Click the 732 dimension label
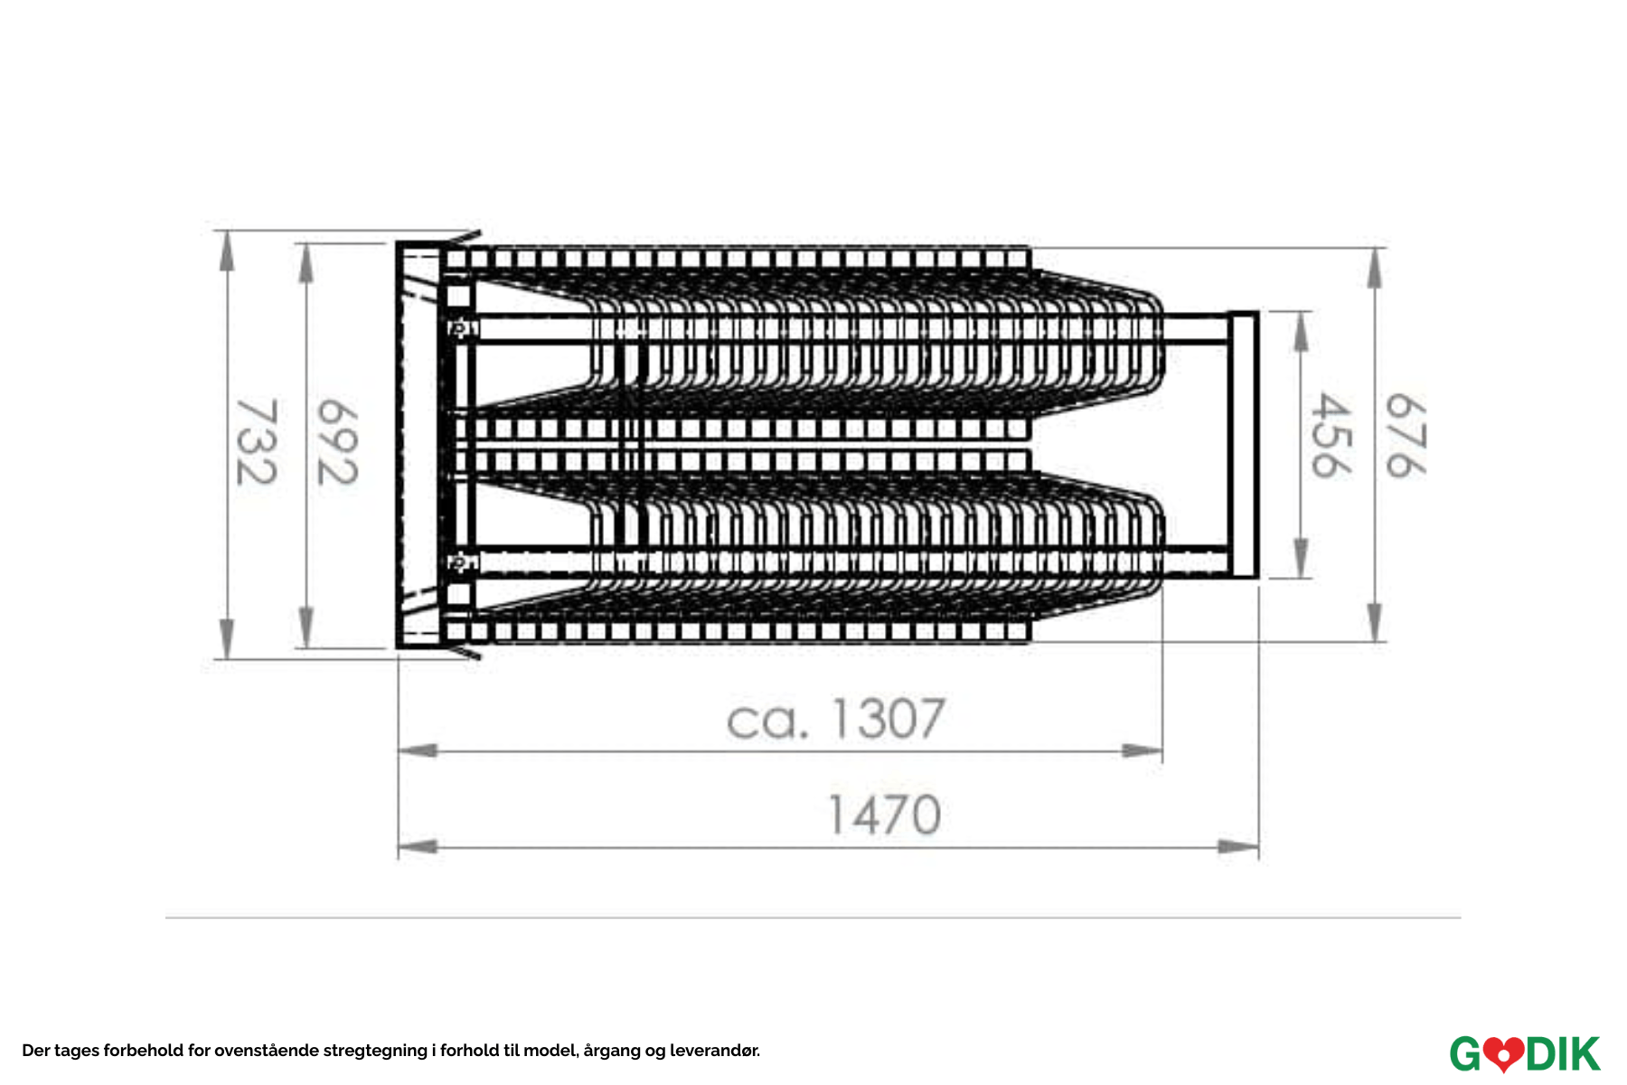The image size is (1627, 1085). point(257,442)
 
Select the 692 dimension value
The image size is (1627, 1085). point(337,442)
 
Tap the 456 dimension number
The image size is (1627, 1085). point(1331,436)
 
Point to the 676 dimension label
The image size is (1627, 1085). point(1406,436)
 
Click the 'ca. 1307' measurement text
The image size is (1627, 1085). point(836,719)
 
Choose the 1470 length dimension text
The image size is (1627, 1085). point(885,815)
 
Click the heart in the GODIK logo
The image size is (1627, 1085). point(1504,1054)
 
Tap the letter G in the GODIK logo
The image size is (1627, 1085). point(1467,1054)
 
